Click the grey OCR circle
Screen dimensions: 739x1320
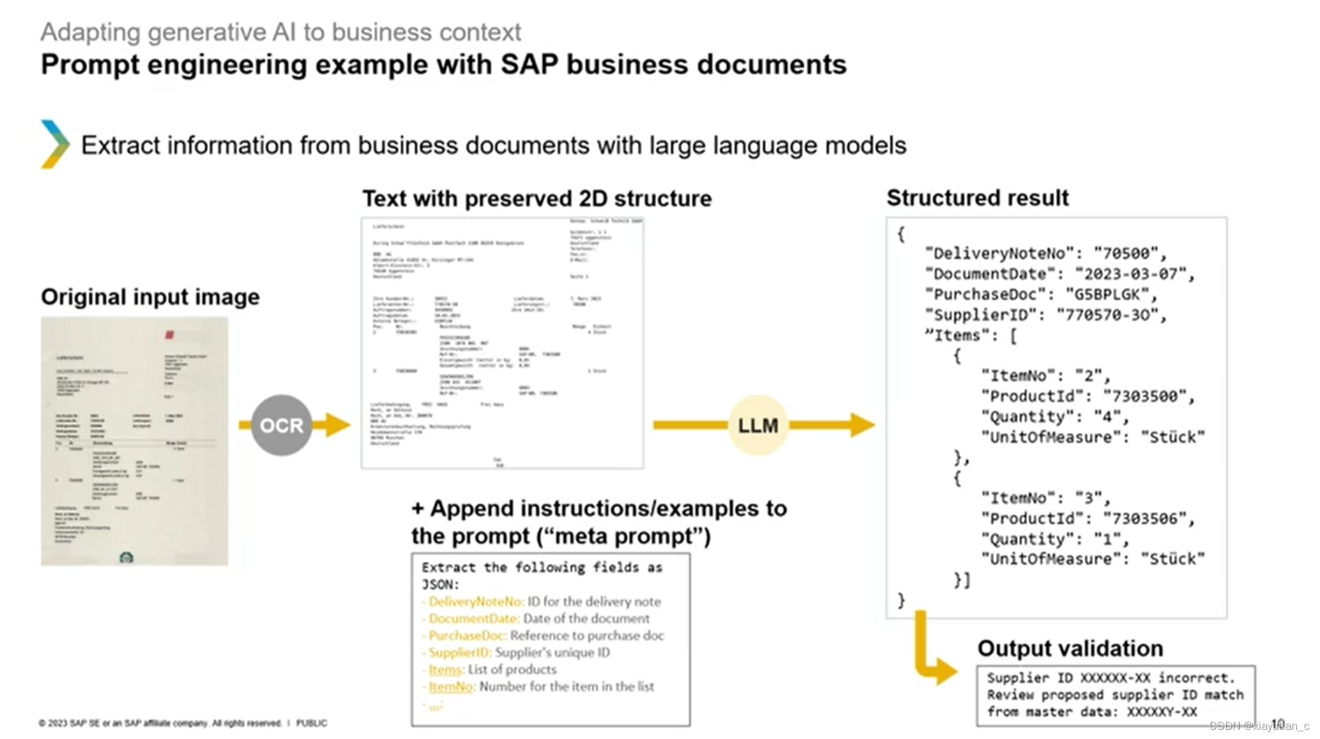[281, 425]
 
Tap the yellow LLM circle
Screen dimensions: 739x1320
[758, 425]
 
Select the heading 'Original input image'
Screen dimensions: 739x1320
[150, 297]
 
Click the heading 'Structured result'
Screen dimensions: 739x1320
[977, 198]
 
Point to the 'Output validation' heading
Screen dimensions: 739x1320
[1070, 648]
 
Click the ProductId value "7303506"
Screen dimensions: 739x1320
[1145, 519]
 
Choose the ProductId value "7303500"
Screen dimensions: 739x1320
[1145, 396]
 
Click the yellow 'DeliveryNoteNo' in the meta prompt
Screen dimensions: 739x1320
[476, 602]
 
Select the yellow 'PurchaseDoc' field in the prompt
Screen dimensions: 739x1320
[467, 635]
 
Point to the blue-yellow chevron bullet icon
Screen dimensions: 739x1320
[55, 144]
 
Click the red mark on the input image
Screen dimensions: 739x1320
[169, 335]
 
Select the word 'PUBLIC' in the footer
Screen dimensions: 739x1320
[311, 723]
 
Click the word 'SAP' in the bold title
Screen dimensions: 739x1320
[529, 64]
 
